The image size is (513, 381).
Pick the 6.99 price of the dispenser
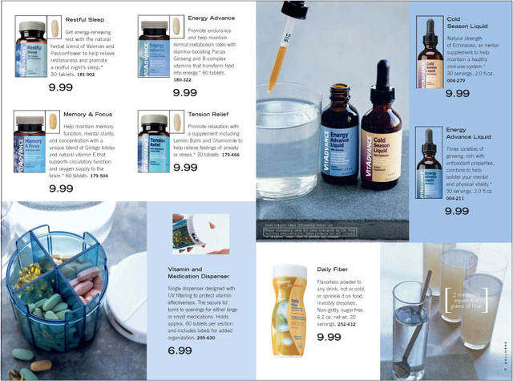180,351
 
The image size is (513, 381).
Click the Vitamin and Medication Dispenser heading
196,272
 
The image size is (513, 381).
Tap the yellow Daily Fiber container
289,309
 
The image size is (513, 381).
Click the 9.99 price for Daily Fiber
329,337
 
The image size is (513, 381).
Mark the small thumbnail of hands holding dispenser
194,233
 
